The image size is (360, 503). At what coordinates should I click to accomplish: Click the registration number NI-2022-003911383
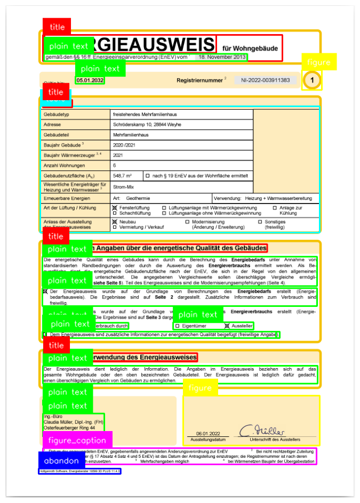click(x=265, y=80)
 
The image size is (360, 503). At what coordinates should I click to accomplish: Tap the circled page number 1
click(x=312, y=80)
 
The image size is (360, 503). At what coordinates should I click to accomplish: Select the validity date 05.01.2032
click(x=90, y=80)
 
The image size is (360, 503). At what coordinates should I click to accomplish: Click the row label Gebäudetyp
click(x=59, y=114)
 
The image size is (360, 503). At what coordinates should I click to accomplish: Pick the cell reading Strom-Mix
click(x=124, y=186)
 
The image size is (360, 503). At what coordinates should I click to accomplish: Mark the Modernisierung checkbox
click(x=187, y=221)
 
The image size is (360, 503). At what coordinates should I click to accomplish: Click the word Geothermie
click(x=139, y=197)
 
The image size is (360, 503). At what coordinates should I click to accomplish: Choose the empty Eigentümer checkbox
click(x=177, y=326)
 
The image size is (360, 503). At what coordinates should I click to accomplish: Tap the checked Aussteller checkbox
click(x=227, y=326)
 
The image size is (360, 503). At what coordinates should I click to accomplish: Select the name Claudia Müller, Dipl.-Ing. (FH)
click(x=69, y=421)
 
